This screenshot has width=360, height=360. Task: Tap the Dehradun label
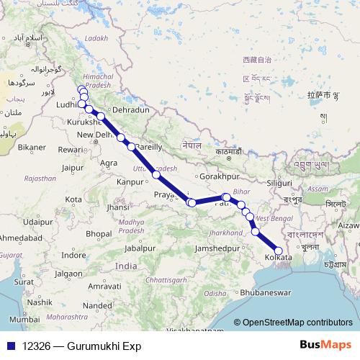pos(130,110)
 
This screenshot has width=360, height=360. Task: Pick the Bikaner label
pos(32,147)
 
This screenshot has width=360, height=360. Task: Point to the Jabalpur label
pos(140,248)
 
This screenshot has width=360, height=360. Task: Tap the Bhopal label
pos(99,234)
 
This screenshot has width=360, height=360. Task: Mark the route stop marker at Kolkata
pos(279,250)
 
